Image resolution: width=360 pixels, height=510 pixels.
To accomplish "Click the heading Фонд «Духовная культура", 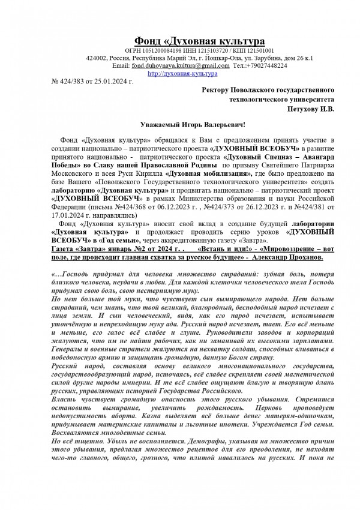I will [x=199, y=40].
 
